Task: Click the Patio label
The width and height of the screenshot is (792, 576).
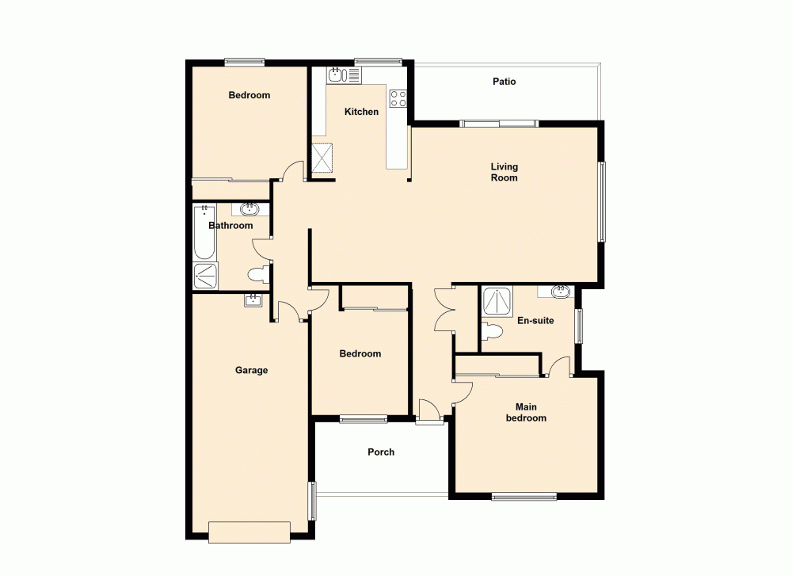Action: click(504, 82)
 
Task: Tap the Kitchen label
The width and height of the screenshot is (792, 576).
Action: click(361, 112)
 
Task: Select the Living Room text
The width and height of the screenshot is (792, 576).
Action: click(504, 172)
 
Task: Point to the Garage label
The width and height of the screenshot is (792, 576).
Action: click(251, 370)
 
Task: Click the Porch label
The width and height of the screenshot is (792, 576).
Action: click(381, 452)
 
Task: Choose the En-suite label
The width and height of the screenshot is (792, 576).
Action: click(535, 321)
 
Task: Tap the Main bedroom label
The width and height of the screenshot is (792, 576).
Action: click(526, 412)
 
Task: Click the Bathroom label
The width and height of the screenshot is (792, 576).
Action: click(230, 226)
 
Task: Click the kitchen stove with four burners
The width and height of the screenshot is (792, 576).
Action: click(398, 99)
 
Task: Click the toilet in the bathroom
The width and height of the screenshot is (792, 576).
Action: click(257, 276)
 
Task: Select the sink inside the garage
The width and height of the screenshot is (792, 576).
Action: click(253, 299)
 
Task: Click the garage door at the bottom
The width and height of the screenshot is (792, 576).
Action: click(249, 532)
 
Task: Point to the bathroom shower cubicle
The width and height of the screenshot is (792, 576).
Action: click(205, 276)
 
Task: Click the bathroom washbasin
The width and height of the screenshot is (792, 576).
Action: click(250, 209)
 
